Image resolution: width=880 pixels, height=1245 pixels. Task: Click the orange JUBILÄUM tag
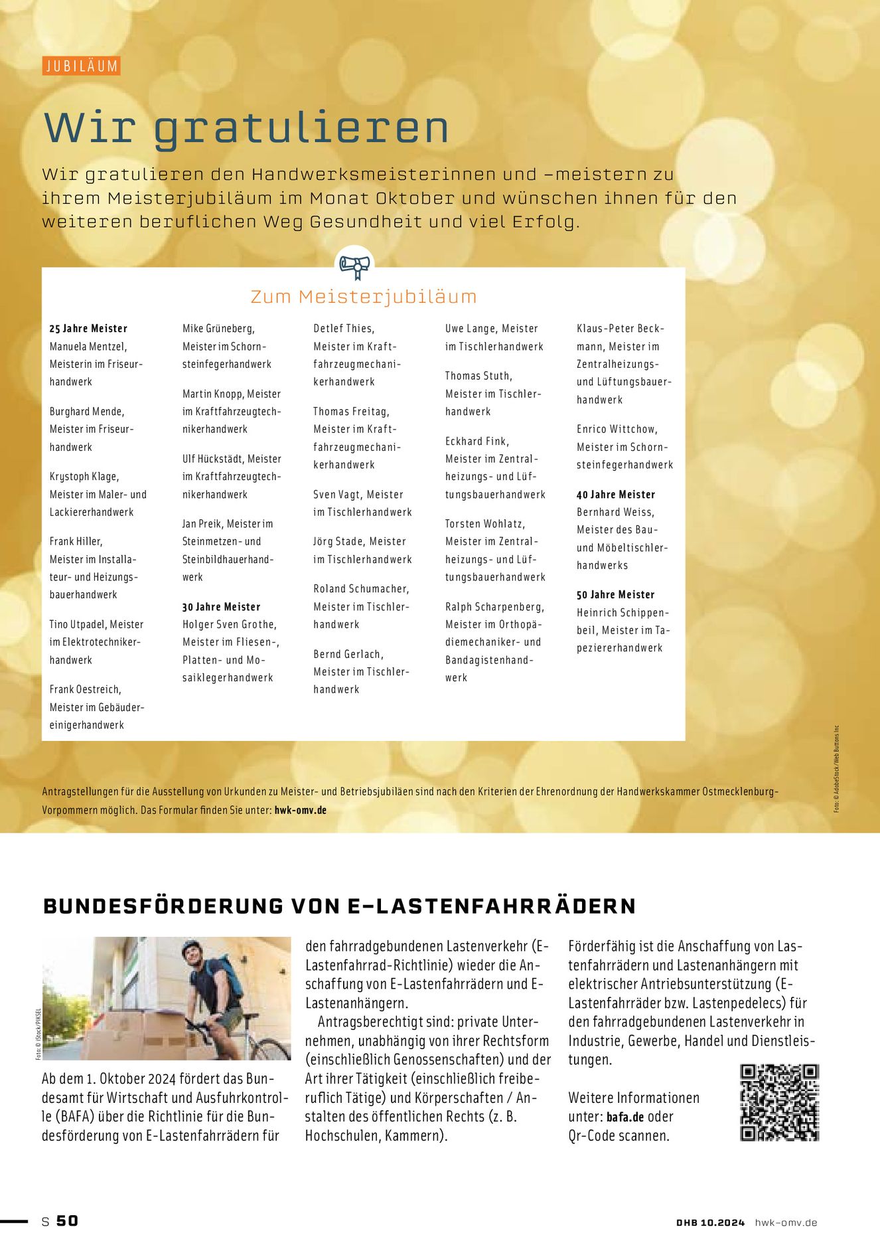click(81, 66)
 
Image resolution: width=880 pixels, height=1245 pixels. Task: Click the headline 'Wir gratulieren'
click(246, 127)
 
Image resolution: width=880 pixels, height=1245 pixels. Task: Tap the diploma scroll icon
click(354, 266)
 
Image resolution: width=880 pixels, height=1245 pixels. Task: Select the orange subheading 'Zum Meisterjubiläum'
click(364, 296)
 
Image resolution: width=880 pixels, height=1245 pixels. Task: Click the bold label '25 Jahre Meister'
click(88, 329)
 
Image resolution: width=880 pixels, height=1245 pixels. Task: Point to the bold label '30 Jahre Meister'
click(221, 607)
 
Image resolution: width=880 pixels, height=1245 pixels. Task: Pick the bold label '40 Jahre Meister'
click(616, 495)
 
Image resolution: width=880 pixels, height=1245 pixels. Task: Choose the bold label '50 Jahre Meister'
click(615, 595)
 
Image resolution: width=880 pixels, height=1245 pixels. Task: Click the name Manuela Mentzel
click(88, 347)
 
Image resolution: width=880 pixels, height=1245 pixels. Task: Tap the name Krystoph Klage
click(84, 477)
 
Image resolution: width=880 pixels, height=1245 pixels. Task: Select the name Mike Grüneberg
click(218, 329)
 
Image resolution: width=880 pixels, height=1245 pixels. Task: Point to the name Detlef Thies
click(344, 329)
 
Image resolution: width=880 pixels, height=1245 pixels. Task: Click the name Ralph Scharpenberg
click(494, 607)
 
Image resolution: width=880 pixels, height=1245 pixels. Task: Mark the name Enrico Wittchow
click(617, 430)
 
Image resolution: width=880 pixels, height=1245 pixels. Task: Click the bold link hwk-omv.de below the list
click(300, 810)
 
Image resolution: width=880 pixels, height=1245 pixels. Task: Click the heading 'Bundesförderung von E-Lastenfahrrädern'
click(339, 906)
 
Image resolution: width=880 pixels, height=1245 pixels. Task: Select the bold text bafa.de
click(625, 1117)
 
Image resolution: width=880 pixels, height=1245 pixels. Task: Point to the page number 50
click(67, 1220)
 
